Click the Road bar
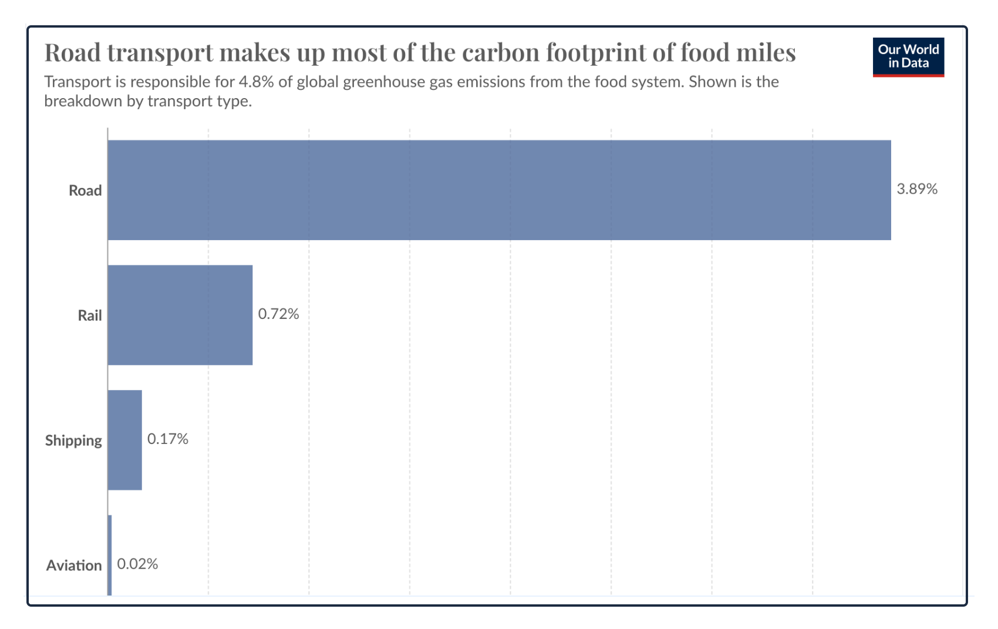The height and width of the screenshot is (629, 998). pos(499,190)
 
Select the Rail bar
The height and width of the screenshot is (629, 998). pos(180,315)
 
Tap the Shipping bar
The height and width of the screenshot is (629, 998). pos(125,440)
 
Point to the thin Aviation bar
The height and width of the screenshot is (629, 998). pos(110,555)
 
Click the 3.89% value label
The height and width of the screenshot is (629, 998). pos(917,189)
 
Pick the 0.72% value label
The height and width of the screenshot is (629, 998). pos(278,314)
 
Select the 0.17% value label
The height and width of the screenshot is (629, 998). pos(167,439)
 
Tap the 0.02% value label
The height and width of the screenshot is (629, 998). pos(137,564)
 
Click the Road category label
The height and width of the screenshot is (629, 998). pos(85,190)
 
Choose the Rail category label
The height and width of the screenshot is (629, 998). pos(90,315)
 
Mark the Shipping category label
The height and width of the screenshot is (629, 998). pos(73,440)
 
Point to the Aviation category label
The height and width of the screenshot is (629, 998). pos(74,566)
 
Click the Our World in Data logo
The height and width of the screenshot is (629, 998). pos(908,57)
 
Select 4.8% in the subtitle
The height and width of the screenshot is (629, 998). pos(256,82)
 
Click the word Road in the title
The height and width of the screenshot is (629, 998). pos(73,52)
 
